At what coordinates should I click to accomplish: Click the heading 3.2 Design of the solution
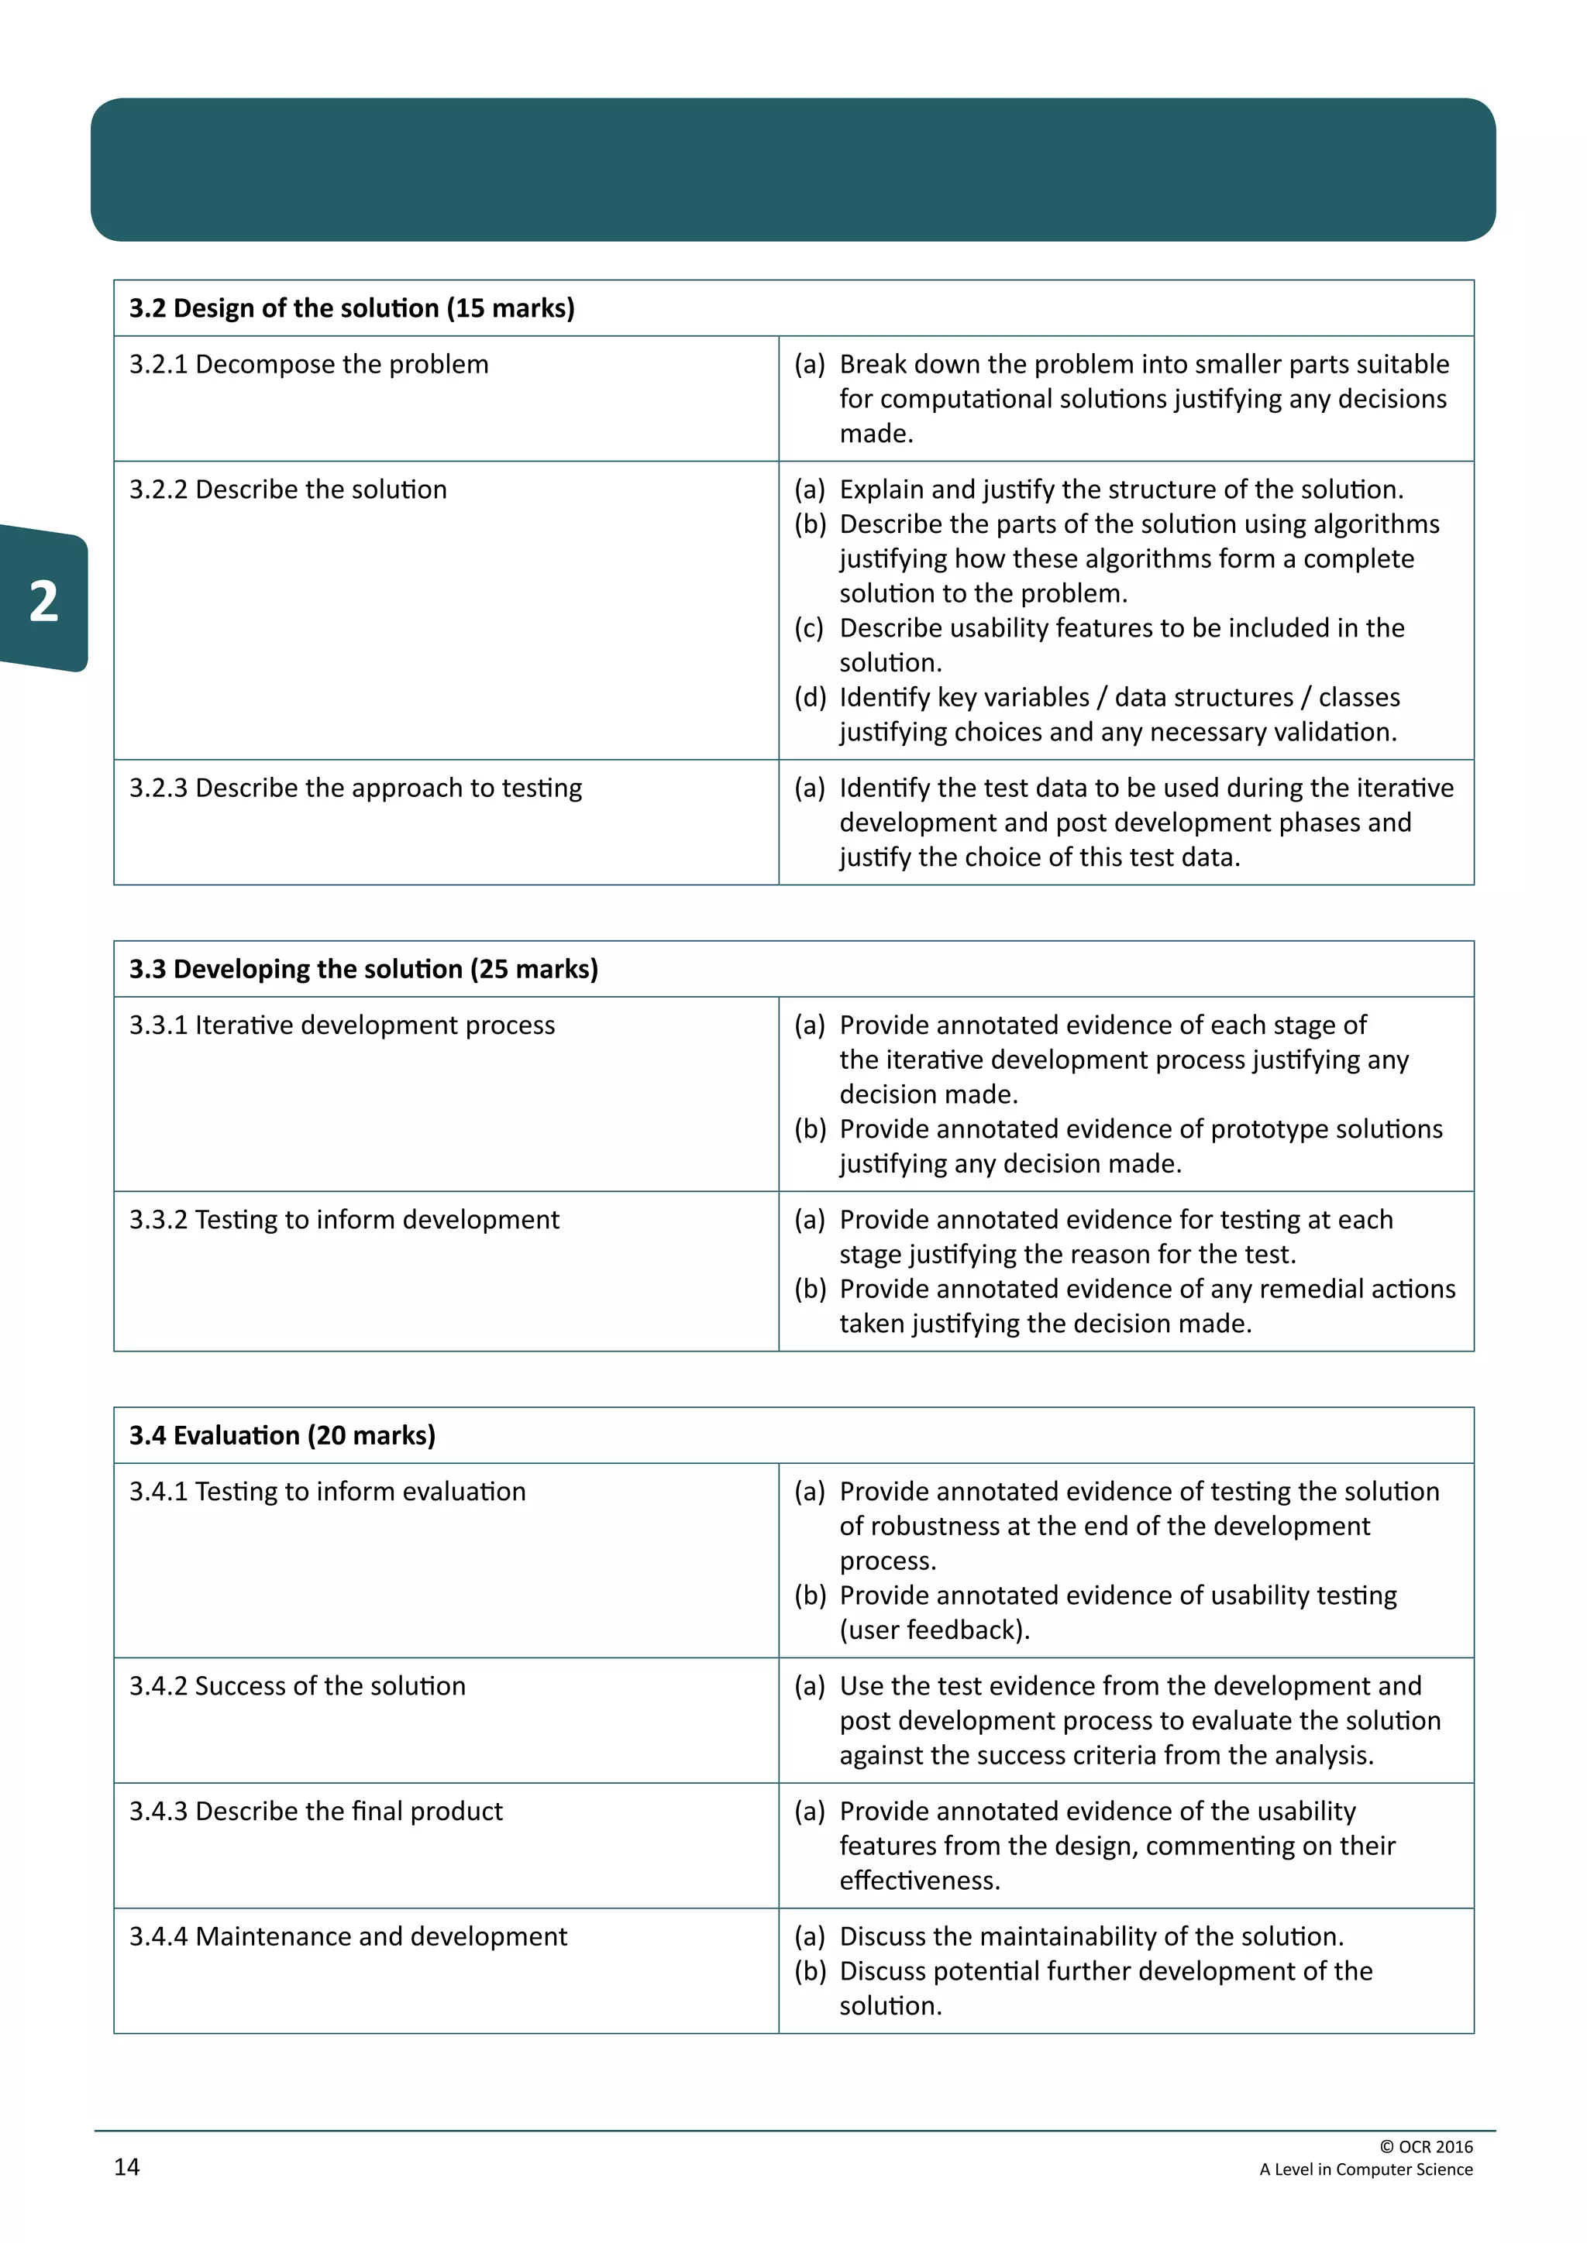352,309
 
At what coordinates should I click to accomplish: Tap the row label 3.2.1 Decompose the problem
309,364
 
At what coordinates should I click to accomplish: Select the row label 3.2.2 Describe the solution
288,489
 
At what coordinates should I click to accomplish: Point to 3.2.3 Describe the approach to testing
356,788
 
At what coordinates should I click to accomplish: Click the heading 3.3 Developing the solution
363,969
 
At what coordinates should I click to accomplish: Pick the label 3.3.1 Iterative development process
342,1025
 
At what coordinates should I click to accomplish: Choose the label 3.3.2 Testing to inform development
344,1220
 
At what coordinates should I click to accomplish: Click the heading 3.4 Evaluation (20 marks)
282,1435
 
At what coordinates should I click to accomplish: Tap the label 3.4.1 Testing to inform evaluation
327,1492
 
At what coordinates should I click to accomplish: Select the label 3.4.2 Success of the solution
297,1686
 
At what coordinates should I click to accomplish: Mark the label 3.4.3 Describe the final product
315,1811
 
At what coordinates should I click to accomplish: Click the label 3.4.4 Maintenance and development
348,1936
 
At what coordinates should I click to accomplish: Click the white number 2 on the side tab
43,601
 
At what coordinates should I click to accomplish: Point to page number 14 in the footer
127,2167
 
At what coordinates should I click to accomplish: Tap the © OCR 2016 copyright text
1426,2146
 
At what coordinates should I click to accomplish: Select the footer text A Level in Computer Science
1365,2169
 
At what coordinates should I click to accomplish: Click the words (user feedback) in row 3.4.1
935,1630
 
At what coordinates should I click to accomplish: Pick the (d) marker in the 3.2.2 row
810,698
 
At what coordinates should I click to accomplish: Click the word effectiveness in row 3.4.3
918,1881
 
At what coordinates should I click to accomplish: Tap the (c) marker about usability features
810,628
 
